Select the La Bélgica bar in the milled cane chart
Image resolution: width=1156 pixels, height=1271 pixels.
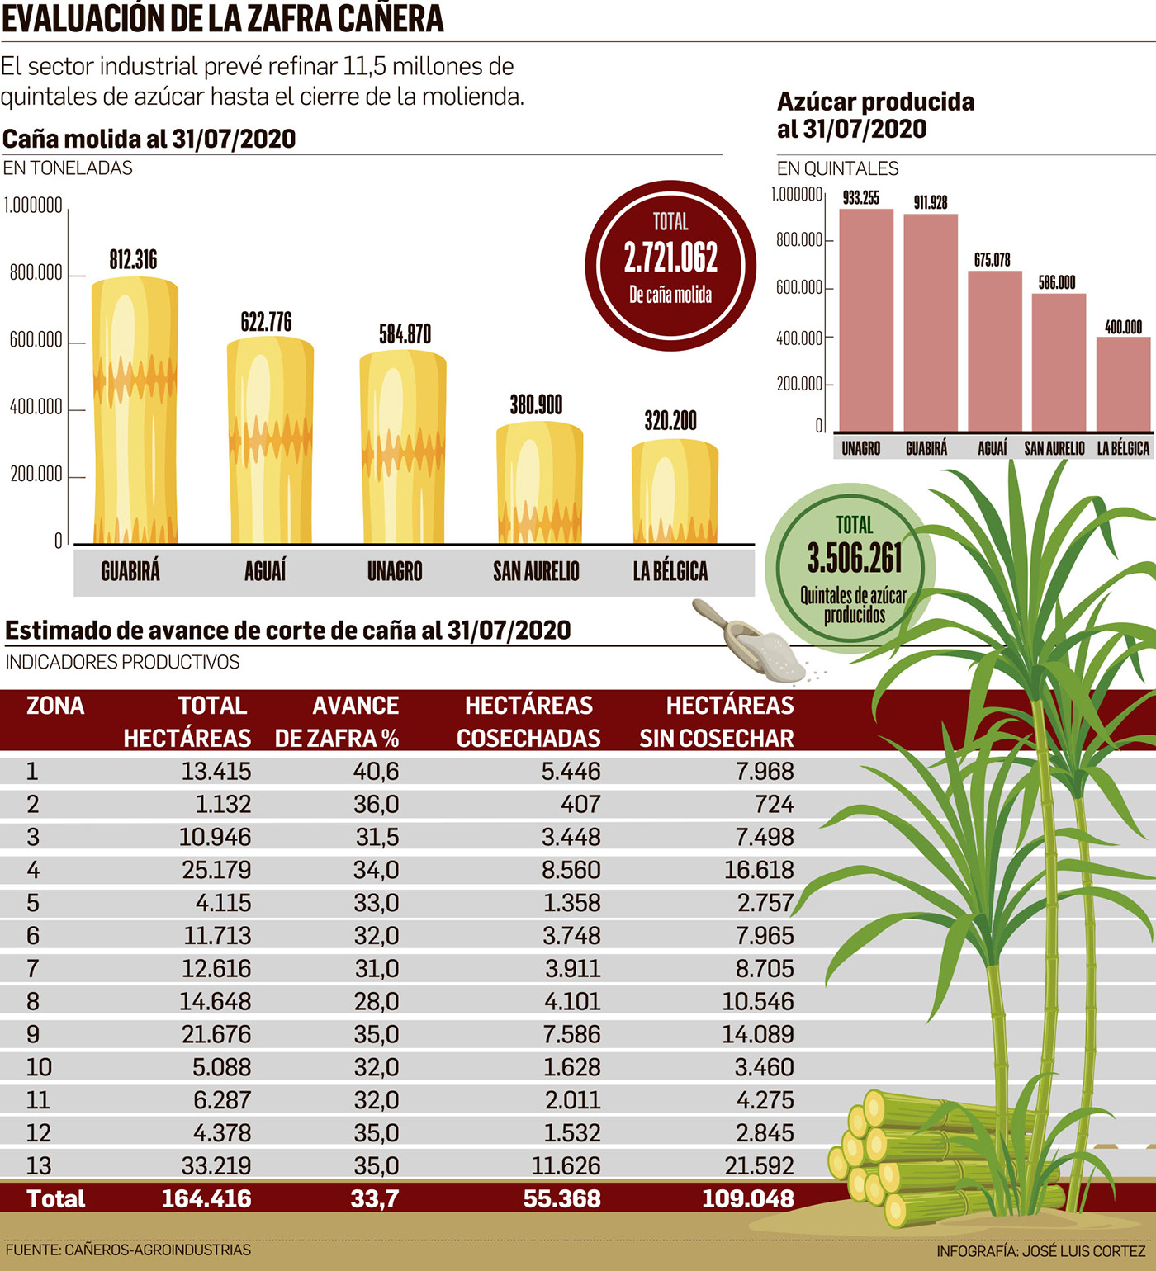[x=675, y=492]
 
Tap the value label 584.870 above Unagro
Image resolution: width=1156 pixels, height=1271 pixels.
[x=405, y=334]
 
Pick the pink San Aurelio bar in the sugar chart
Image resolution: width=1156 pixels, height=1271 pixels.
[x=1059, y=362]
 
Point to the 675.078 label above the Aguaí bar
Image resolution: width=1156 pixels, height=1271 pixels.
[x=992, y=260]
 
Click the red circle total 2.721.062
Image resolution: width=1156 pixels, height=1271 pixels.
[x=670, y=264]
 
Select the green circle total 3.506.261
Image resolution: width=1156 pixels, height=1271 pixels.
[x=854, y=567]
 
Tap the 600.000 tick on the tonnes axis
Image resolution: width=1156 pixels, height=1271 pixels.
[x=36, y=340]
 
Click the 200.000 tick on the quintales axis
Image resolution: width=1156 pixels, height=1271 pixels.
[x=799, y=384]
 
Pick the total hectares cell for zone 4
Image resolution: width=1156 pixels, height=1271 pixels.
[x=216, y=870]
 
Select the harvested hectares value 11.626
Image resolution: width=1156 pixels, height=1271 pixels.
[x=566, y=1165]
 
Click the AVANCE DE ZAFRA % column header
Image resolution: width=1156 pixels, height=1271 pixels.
[x=337, y=721]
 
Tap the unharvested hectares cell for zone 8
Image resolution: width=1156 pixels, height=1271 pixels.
[x=757, y=1001]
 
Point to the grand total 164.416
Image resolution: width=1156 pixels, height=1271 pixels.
[x=206, y=1198]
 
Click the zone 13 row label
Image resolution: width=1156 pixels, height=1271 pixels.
[x=39, y=1165]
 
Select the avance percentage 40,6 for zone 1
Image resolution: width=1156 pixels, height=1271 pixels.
[x=377, y=771]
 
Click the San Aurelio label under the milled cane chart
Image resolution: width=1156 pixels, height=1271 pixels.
[x=536, y=571]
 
